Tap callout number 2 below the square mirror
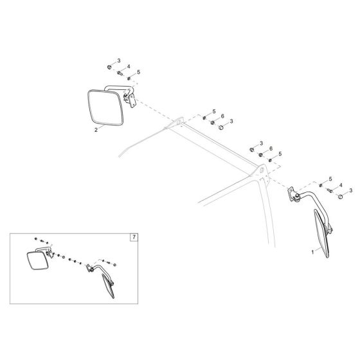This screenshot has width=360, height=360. pos(96,129)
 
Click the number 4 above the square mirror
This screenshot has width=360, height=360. pos(129,67)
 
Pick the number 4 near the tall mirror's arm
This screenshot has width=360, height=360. pos(340,185)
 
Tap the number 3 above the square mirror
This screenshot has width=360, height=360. pos(118,60)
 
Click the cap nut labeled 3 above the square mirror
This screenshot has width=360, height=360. pos(110,66)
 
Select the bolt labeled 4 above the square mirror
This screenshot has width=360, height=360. pos(120,73)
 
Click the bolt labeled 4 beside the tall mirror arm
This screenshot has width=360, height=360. pos(331,189)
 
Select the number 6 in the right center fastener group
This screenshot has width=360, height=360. pos(271,148)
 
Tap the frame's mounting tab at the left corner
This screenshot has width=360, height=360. pos(177,121)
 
